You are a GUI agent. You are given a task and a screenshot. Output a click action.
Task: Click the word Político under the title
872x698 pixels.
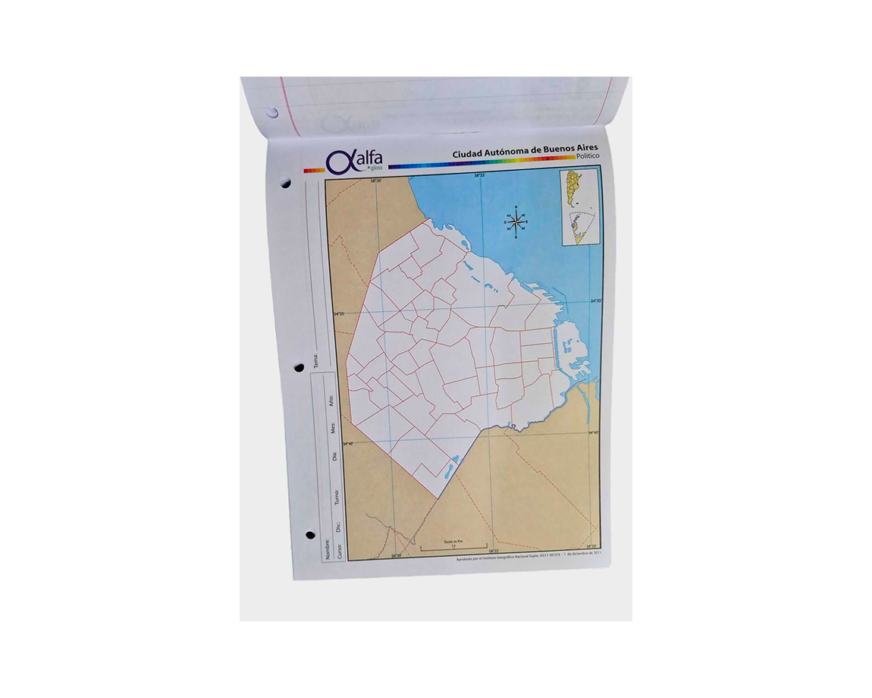587,156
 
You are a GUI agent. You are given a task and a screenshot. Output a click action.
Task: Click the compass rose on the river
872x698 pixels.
516,222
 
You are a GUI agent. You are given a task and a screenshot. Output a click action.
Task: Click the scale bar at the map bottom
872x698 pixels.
453,546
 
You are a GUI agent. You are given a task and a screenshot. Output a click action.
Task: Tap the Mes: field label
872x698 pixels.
332,429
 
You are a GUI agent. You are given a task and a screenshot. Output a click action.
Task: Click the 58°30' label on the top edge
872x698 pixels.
375,181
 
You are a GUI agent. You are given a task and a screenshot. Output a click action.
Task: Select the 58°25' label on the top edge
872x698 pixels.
480,176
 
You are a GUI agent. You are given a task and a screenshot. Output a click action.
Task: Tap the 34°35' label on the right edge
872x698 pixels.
596,301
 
